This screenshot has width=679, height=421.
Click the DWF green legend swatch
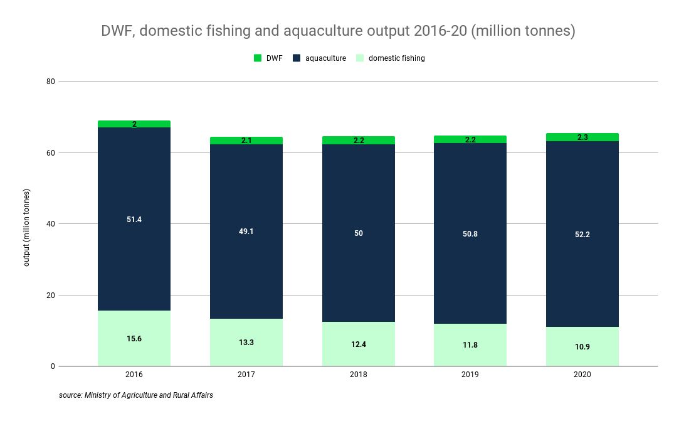click(x=258, y=58)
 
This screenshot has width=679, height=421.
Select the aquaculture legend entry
click(x=325, y=58)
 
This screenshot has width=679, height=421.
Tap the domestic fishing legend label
click(x=396, y=58)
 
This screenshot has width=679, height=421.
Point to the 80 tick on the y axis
click(x=51, y=82)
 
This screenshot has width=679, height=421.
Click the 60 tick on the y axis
click(x=51, y=153)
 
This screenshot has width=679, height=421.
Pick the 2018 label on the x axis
click(x=358, y=375)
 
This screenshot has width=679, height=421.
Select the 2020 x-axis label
click(x=582, y=375)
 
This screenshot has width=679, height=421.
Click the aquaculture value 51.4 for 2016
click(x=134, y=220)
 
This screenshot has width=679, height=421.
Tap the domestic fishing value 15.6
click(x=134, y=339)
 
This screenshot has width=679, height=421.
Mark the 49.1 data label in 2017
click(x=246, y=232)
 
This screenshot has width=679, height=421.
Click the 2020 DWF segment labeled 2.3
click(x=582, y=137)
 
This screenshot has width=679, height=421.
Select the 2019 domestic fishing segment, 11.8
click(x=470, y=345)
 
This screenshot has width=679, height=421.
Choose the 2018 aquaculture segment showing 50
click(x=358, y=233)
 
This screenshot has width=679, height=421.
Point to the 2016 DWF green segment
click(x=134, y=124)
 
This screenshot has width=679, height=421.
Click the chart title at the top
click(x=338, y=31)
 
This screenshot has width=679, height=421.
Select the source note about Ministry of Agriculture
click(x=136, y=395)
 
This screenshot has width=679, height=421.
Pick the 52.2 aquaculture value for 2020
click(x=582, y=235)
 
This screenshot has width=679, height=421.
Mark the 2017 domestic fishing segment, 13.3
click(x=246, y=343)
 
